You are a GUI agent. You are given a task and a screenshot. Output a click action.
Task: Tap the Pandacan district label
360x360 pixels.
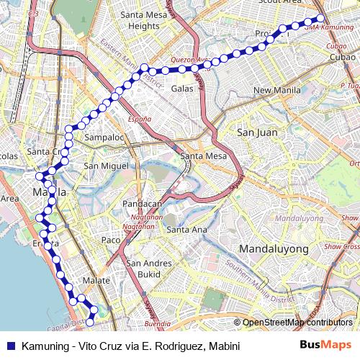pyautogui.click(x=143, y=204)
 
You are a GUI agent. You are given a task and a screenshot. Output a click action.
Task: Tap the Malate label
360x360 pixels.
pyautogui.click(x=96, y=281)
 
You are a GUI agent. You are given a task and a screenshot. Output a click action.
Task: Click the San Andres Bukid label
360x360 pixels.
pyautogui.click(x=149, y=269)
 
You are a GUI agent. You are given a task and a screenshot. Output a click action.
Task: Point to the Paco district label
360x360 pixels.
pyautogui.click(x=110, y=240)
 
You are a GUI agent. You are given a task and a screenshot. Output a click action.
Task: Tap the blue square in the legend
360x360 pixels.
pyautogui.click(x=11, y=346)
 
